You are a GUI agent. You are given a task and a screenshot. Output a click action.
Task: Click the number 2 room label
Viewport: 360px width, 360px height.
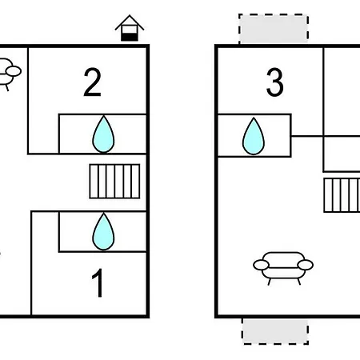[92, 82]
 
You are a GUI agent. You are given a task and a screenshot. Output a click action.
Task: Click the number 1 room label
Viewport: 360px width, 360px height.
[98, 282]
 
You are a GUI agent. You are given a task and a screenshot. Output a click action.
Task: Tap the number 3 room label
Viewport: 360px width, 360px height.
[274, 82]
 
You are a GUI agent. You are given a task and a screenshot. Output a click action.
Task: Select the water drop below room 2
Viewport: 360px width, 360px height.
[103, 134]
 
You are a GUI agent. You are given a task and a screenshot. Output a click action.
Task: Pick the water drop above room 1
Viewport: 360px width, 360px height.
[103, 231]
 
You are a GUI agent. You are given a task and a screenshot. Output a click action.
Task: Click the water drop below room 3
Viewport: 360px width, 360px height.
[254, 136]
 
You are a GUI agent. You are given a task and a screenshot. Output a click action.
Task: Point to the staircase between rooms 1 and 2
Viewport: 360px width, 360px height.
[114, 182]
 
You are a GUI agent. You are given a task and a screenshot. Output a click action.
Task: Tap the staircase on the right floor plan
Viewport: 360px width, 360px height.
[342, 195]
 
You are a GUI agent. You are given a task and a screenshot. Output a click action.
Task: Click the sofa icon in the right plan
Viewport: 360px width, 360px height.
[283, 267]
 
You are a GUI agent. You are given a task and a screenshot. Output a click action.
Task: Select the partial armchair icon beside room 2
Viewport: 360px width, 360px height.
[10, 74]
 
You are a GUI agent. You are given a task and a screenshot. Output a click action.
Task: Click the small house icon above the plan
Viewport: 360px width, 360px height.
[130, 28]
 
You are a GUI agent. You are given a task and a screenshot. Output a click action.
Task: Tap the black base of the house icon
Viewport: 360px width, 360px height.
[130, 37]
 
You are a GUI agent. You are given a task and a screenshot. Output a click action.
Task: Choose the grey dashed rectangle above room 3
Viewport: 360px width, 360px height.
[274, 29]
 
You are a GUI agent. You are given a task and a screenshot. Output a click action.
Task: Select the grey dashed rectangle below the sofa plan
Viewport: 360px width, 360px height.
[275, 331]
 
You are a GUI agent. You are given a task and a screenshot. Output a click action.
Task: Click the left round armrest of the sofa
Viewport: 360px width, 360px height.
[261, 265]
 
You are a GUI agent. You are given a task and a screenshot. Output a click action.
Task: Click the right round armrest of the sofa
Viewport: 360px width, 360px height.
[306, 265]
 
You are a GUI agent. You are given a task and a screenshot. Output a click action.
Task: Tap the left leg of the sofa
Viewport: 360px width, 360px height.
[270, 282]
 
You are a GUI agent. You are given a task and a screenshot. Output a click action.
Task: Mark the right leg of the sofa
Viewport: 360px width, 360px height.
[299, 282]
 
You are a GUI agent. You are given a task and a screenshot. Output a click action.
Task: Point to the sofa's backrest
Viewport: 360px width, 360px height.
[283, 259]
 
